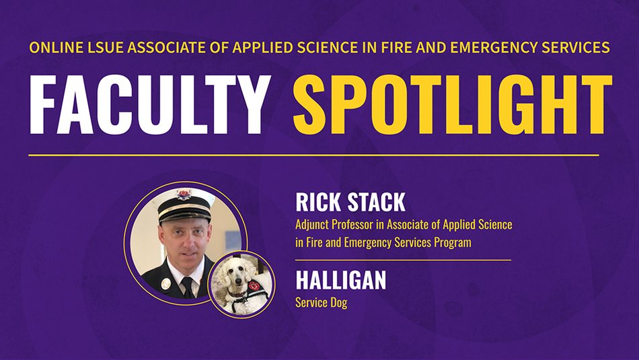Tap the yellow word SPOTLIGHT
[452, 105]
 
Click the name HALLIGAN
[340, 280]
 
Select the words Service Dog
[321, 303]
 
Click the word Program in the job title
[452, 242]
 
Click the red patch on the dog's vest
[253, 286]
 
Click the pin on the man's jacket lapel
[165, 283]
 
